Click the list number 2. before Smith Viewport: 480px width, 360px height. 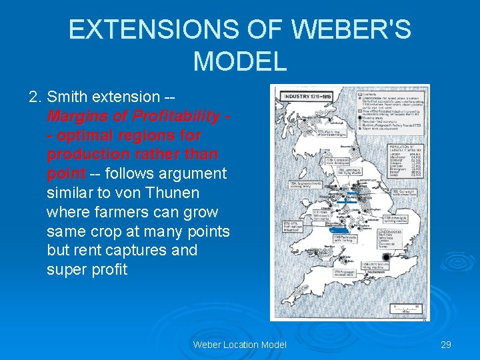(x=36, y=97)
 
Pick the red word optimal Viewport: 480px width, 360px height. (x=84, y=136)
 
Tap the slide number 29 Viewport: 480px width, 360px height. (x=446, y=345)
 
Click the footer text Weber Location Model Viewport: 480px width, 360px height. (x=240, y=345)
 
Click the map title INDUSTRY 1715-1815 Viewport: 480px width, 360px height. (x=309, y=97)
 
